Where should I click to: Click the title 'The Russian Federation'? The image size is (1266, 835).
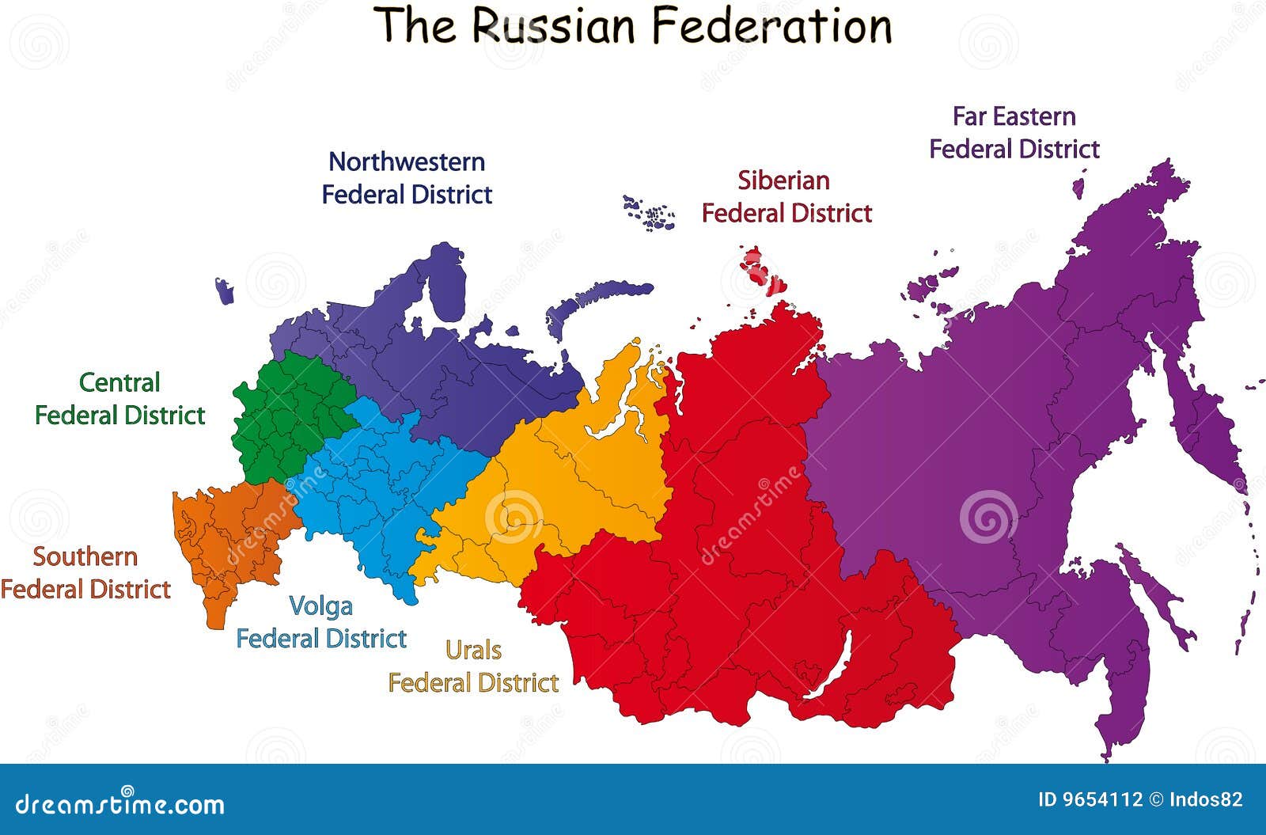(633, 25)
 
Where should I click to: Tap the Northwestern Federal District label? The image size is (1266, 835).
(407, 178)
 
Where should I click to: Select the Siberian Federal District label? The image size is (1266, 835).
(786, 196)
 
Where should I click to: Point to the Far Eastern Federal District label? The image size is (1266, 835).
(1014, 133)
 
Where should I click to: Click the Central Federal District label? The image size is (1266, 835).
(119, 399)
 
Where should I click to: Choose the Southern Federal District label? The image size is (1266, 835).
(85, 573)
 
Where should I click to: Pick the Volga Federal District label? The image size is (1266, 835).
(321, 622)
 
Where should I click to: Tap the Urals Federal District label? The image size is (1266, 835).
(473, 666)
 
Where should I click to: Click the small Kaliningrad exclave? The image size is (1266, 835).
(225, 291)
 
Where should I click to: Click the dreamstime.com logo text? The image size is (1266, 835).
(120, 804)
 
